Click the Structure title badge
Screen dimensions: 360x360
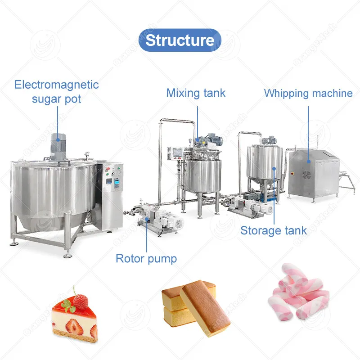[180, 40]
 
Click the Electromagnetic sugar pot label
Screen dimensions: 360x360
[56, 91]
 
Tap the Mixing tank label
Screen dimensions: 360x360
[196, 93]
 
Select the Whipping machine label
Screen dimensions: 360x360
[308, 93]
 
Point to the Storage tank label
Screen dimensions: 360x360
[273, 231]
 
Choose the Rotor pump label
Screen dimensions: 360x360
[146, 258]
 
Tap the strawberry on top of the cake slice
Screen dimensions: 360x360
[80, 301]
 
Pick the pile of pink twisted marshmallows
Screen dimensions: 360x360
[298, 294]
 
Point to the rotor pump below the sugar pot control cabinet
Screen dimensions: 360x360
[160, 220]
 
